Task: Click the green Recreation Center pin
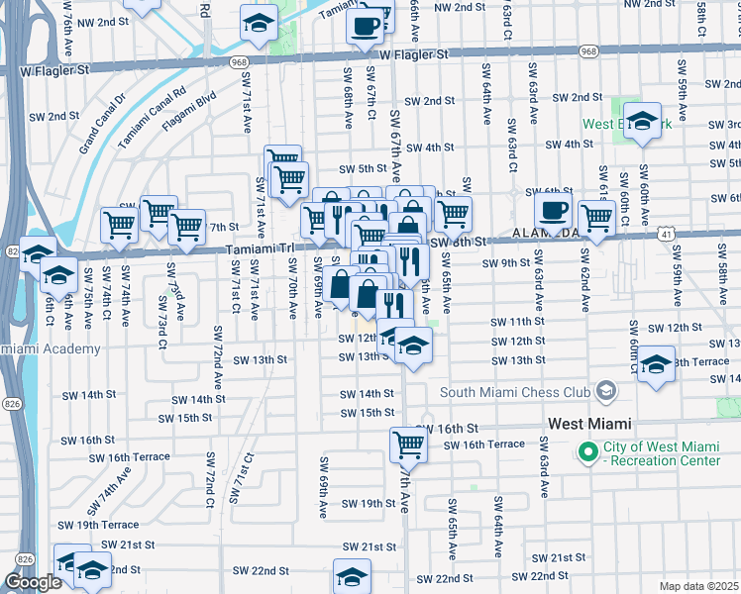click(x=586, y=452)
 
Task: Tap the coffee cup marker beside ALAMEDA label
click(x=554, y=210)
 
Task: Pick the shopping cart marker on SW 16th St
click(x=408, y=445)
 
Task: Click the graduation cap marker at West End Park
click(x=643, y=122)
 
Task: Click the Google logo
click(x=33, y=582)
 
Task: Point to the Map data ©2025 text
click(x=697, y=586)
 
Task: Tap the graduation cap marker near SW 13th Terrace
click(x=656, y=364)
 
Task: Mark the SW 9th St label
click(x=506, y=262)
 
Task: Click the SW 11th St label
click(x=516, y=322)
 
